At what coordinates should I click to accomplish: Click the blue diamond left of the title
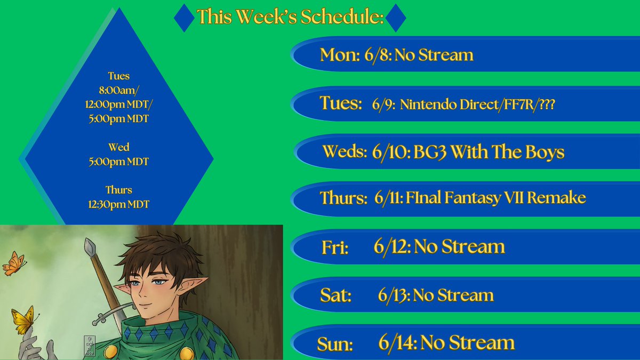185,18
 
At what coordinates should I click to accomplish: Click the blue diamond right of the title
396,18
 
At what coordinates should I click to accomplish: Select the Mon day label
340,54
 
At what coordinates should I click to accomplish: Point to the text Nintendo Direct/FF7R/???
477,105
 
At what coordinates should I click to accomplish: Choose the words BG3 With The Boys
489,151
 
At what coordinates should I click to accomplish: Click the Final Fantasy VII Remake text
495,197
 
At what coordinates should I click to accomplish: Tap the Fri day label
335,247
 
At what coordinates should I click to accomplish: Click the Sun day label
335,343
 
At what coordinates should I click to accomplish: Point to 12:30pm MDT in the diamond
119,204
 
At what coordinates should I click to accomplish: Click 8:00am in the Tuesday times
118,90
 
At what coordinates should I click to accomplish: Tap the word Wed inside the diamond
119,147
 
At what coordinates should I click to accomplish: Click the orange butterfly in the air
14,263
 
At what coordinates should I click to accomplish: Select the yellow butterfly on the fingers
24,319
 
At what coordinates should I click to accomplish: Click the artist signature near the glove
90,346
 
